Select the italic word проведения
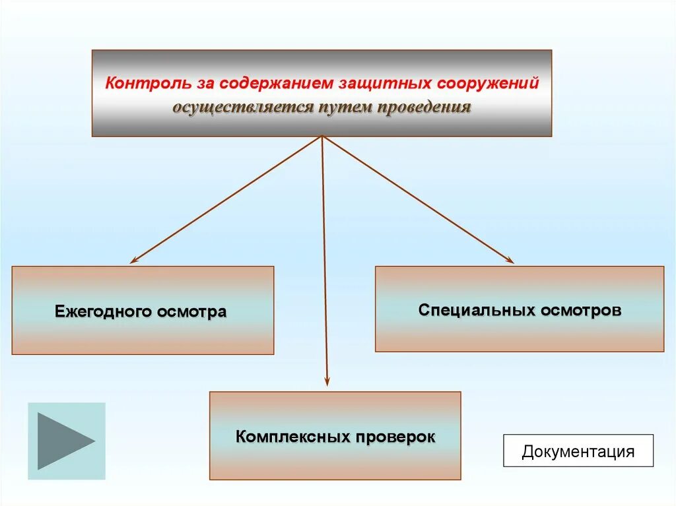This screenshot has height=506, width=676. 424,107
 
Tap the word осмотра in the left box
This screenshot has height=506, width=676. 191,311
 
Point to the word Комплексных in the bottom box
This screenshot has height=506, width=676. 292,437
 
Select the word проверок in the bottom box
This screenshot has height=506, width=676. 396,437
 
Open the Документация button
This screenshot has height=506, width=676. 578,451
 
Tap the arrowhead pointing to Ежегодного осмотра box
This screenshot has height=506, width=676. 134,261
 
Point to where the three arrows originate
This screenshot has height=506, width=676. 322,137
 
